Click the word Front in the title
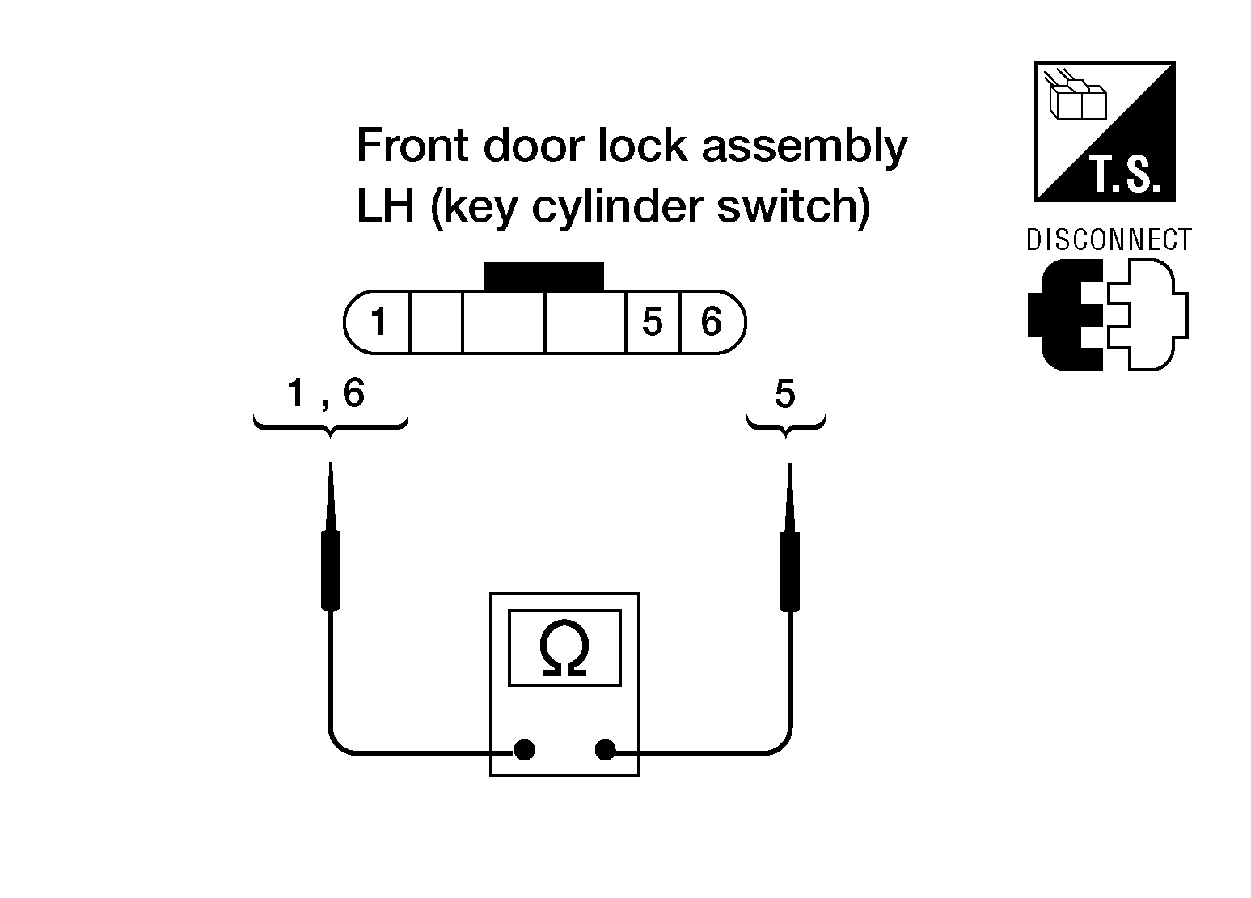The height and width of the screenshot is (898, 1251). tap(412, 146)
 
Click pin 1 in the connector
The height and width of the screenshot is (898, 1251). tap(378, 323)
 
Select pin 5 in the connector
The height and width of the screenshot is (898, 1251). tap(653, 323)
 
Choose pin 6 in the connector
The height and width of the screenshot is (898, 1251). tap(711, 323)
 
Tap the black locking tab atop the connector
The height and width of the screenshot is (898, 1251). tap(543, 276)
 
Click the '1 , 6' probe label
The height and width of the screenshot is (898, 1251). tap(327, 394)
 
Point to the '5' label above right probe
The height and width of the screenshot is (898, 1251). tap(784, 395)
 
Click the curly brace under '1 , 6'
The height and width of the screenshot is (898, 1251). tap(330, 425)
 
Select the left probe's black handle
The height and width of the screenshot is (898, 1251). tap(330, 570)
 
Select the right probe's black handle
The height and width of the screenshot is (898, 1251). tap(789, 571)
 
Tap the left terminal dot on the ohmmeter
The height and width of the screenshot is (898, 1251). tap(524, 750)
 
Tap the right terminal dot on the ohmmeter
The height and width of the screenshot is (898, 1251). tap(605, 750)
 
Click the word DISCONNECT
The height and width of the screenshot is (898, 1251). tap(1109, 240)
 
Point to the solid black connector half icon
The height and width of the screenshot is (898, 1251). tap(1064, 316)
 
